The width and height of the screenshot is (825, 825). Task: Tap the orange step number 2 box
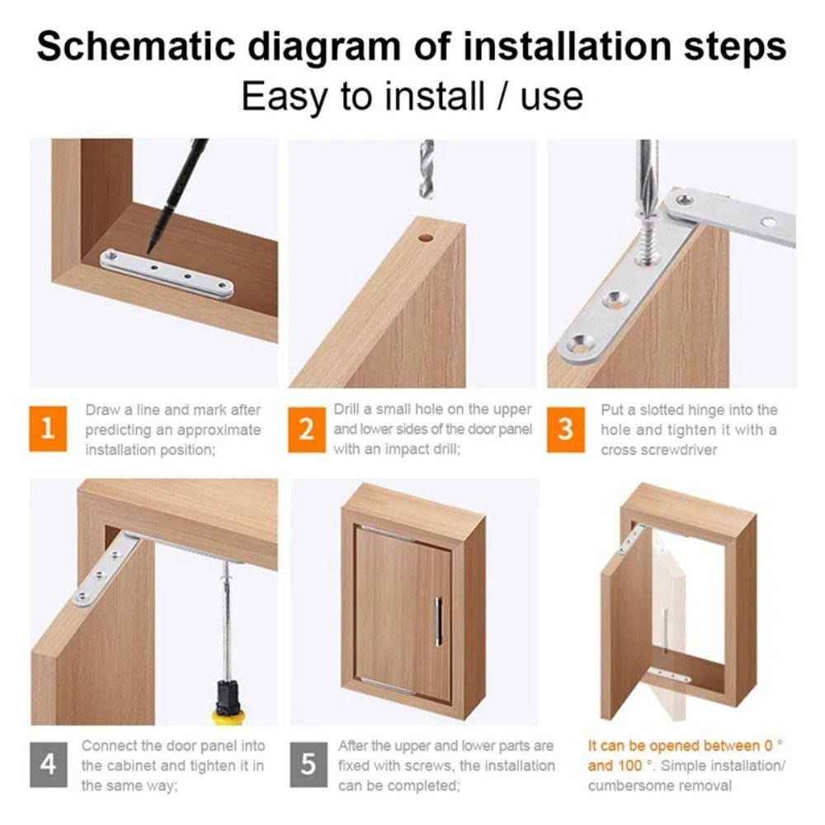coord(307,429)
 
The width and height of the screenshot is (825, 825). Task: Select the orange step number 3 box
coord(566,429)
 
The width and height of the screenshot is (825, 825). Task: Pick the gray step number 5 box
coord(308,764)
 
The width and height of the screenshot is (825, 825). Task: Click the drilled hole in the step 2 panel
coord(426,238)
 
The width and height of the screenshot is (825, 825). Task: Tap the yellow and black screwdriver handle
coord(226,701)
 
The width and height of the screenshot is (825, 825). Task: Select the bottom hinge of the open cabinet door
coord(669,676)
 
